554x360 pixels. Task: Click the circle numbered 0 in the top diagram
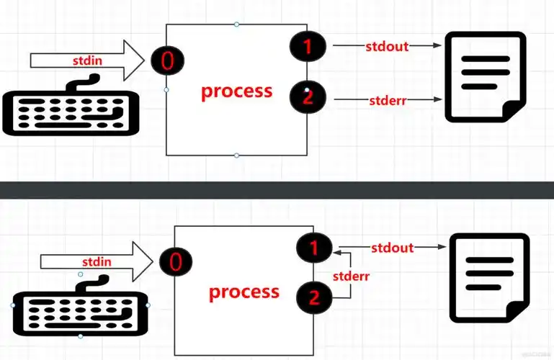(166, 61)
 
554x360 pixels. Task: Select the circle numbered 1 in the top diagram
(308, 47)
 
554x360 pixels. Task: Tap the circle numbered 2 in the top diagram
(308, 97)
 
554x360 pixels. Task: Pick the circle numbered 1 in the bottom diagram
(314, 249)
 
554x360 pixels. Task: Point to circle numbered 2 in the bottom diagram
(314, 294)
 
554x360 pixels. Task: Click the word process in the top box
(236, 91)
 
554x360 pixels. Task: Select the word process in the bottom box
(244, 292)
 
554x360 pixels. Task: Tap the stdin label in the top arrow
(86, 61)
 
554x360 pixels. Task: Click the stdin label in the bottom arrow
(97, 262)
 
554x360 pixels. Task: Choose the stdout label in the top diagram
(387, 47)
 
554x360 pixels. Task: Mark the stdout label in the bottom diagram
(393, 248)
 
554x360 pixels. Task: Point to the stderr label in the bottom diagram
(352, 275)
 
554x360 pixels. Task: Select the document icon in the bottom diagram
(489, 277)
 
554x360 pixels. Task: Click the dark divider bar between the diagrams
(277, 189)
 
